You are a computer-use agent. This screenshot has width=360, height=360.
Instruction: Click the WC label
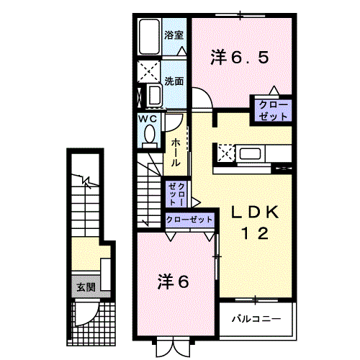(x=148, y=118)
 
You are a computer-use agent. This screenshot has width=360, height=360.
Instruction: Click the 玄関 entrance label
(x=86, y=286)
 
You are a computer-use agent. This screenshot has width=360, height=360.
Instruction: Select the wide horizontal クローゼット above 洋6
(x=189, y=218)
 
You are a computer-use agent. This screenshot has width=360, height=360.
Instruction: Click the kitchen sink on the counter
(x=252, y=153)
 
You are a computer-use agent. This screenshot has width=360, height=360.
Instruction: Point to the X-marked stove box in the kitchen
(x=225, y=153)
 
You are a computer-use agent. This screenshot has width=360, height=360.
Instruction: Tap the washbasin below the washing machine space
(x=153, y=96)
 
